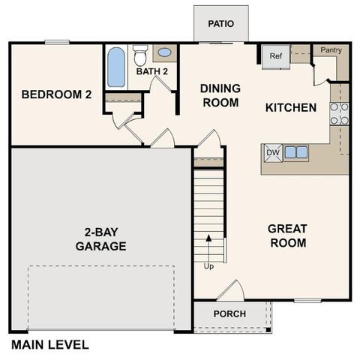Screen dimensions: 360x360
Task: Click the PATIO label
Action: tap(221, 23)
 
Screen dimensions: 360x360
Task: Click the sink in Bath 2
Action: tap(164, 53)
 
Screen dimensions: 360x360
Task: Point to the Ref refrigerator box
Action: tap(275, 55)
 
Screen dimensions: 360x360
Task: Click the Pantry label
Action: tap(331, 50)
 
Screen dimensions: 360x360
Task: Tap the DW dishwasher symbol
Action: tap(272, 152)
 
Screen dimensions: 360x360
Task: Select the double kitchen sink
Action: tap(295, 152)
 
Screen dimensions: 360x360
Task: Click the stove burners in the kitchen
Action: tap(339, 112)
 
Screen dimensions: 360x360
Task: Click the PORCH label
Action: tap(229, 313)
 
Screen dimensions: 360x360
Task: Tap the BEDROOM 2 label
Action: tap(56, 94)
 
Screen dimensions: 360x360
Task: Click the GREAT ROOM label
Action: tap(287, 235)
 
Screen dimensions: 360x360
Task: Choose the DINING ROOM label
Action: tap(220, 94)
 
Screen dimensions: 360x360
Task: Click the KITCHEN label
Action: tap(291, 108)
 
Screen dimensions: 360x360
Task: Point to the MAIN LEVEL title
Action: tap(49, 345)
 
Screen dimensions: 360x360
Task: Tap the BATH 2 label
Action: tap(151, 72)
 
